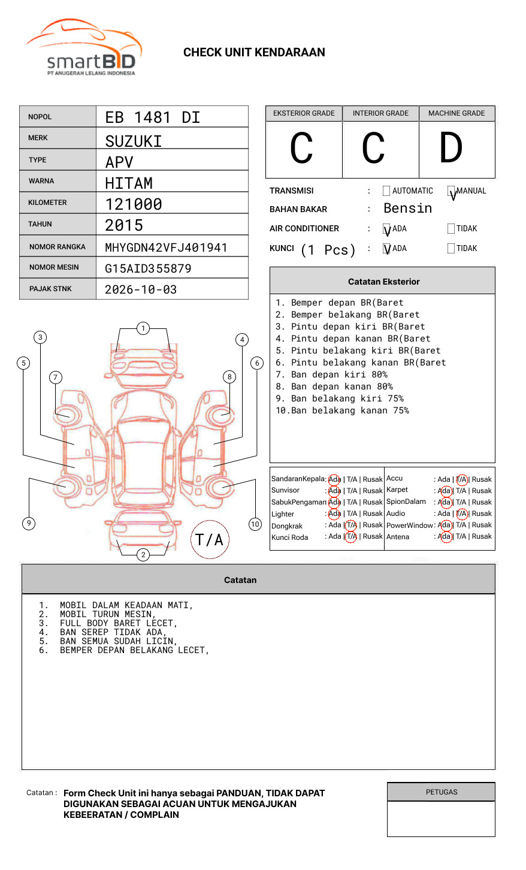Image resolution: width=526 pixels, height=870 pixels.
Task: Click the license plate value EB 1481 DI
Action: pos(153,117)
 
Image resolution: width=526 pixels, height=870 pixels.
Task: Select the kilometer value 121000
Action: pos(133,204)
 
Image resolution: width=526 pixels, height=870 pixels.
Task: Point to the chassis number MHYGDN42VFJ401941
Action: pos(166,247)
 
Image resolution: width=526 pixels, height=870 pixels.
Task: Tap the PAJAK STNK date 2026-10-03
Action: pos(141,289)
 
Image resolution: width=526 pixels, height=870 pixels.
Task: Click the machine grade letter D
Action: pos(451,147)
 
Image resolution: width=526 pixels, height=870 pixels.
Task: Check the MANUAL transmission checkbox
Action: pos(451,191)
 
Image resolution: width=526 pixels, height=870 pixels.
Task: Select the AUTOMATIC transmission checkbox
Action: pos(386,191)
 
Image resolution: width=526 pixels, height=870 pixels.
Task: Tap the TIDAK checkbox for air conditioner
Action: pos(451,228)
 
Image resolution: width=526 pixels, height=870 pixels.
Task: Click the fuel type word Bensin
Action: pos(407,208)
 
